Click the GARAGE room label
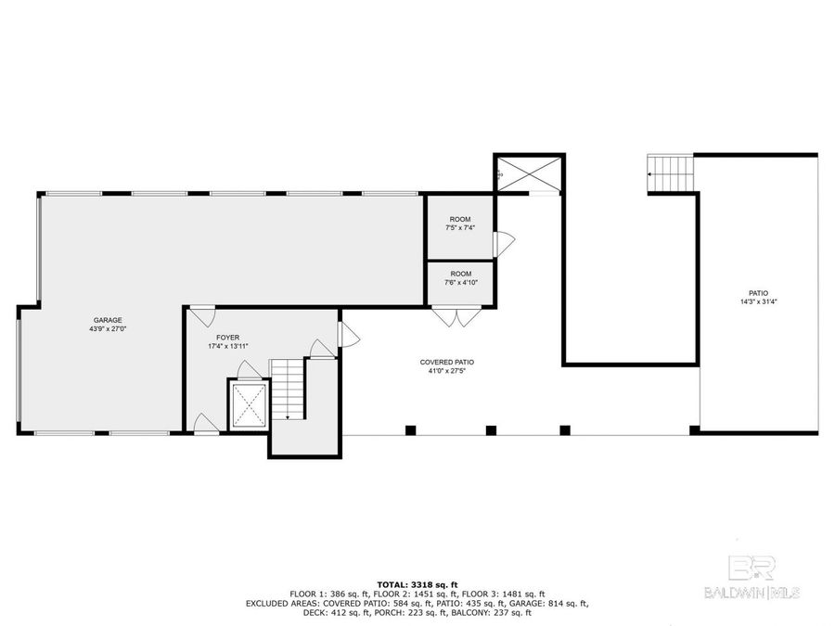pyautogui.click(x=106, y=320)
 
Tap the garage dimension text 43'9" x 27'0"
pyautogui.click(x=106, y=329)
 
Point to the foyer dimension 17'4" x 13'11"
pyautogui.click(x=227, y=347)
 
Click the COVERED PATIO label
pyautogui.click(x=446, y=363)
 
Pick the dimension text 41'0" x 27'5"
pyautogui.click(x=446, y=372)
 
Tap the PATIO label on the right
pyautogui.click(x=759, y=292)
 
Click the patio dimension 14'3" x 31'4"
pyautogui.click(x=759, y=301)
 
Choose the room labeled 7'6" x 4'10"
pyautogui.click(x=461, y=278)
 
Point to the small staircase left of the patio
pyautogui.click(x=671, y=173)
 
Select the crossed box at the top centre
pyautogui.click(x=528, y=173)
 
